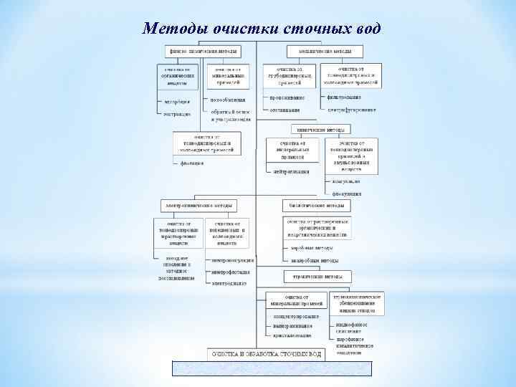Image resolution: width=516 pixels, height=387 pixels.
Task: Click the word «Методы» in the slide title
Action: click(173, 29)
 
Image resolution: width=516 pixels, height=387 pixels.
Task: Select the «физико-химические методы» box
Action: click(203, 52)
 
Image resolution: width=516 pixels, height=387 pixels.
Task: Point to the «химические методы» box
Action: click(320, 130)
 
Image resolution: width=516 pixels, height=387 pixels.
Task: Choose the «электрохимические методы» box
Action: click(199, 206)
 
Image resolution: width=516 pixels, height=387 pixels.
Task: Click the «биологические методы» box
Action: click(316, 206)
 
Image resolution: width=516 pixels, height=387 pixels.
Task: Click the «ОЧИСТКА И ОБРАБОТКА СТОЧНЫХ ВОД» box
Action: click(266, 354)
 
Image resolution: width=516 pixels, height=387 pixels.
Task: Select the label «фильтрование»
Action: click(344, 97)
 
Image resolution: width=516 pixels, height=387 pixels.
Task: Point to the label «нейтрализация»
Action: click(291, 172)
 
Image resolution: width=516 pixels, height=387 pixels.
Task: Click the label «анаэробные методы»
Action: click(315, 260)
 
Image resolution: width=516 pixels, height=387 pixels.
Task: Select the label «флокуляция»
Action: click(347, 193)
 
